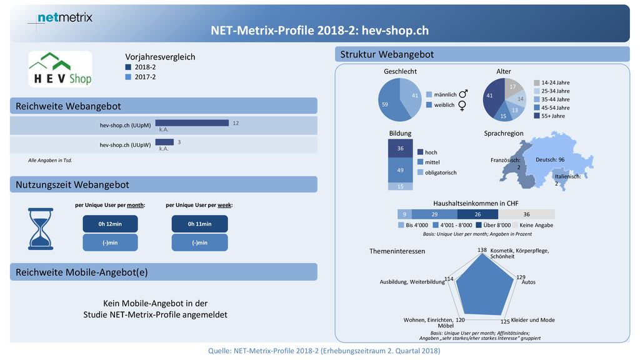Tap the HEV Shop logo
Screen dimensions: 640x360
61,69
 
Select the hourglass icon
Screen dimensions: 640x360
41,229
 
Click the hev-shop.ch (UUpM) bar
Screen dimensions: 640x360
192,123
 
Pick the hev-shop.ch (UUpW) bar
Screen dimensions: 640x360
164,142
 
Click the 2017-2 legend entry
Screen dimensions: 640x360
141,77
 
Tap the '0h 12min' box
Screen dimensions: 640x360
110,224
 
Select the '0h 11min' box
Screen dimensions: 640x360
199,224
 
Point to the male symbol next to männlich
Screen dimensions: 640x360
463,94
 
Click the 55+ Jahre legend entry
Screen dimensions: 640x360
549,116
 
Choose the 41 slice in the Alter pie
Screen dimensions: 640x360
492,97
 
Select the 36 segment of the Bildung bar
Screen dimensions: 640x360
401,149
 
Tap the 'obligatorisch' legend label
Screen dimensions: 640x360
441,172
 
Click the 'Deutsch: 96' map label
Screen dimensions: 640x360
550,159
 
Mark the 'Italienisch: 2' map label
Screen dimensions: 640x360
567,180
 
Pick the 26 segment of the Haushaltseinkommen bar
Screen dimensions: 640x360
477,214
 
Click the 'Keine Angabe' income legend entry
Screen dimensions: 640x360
533,225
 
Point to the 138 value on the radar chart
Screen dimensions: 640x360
482,250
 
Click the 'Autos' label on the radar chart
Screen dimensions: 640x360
529,282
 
